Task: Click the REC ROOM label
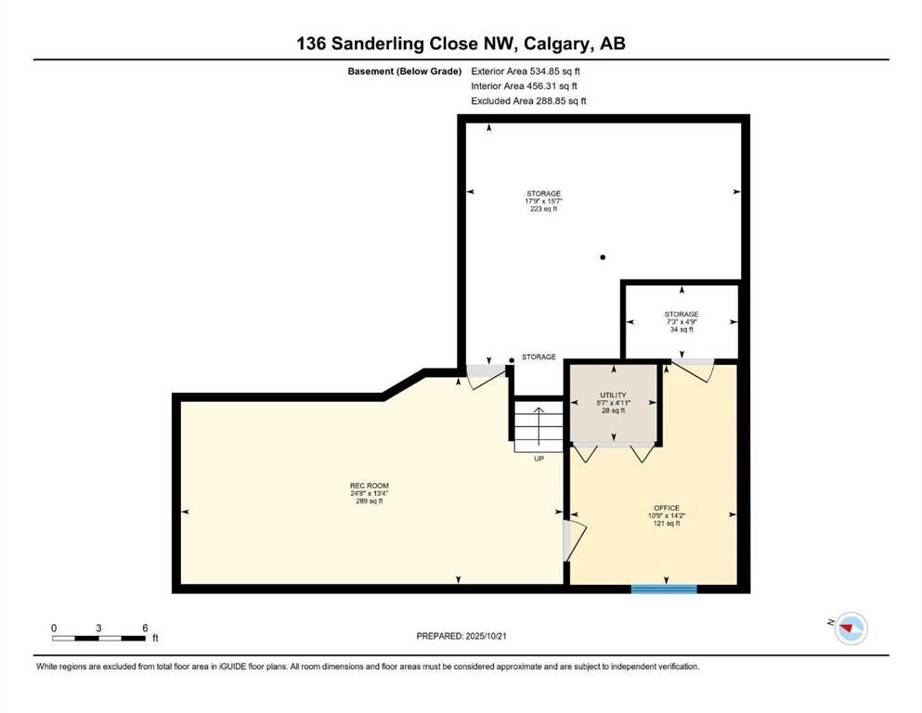[370, 486]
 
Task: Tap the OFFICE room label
[667, 508]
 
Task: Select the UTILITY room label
[614, 395]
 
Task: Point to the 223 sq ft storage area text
[543, 209]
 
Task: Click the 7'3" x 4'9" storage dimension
[682, 322]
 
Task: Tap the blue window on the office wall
[664, 589]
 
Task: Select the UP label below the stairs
[539, 459]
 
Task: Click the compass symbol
[851, 629]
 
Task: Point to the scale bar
[98, 638]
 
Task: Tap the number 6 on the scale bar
[145, 628]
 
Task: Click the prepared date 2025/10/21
[486, 636]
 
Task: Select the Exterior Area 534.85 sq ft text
[526, 71]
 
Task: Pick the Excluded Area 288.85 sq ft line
[528, 100]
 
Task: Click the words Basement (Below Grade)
[405, 71]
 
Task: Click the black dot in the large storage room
[603, 257]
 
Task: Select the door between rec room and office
[573, 540]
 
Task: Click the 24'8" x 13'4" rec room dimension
[370, 494]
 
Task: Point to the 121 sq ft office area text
[667, 523]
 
